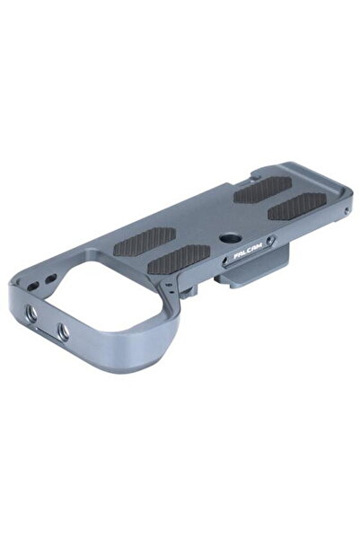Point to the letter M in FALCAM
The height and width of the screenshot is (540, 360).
click(x=259, y=248)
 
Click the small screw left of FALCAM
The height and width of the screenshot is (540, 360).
click(x=224, y=262)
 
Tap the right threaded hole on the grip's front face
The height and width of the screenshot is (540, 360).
click(x=63, y=332)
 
